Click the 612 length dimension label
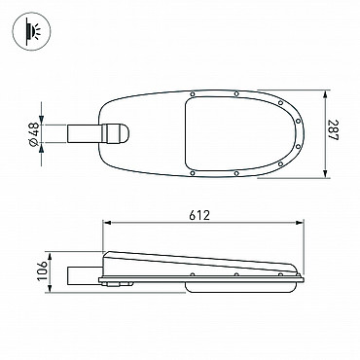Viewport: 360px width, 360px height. (199, 215)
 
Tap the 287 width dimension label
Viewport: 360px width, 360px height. (333, 130)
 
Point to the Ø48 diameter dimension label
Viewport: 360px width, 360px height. (34, 133)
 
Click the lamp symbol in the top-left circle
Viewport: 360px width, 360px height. (31, 31)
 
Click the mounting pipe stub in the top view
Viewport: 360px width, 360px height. (85, 133)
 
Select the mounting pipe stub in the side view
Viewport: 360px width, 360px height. (85, 275)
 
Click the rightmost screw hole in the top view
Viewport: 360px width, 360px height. (299, 122)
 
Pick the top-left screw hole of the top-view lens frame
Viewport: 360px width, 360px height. (193, 94)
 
